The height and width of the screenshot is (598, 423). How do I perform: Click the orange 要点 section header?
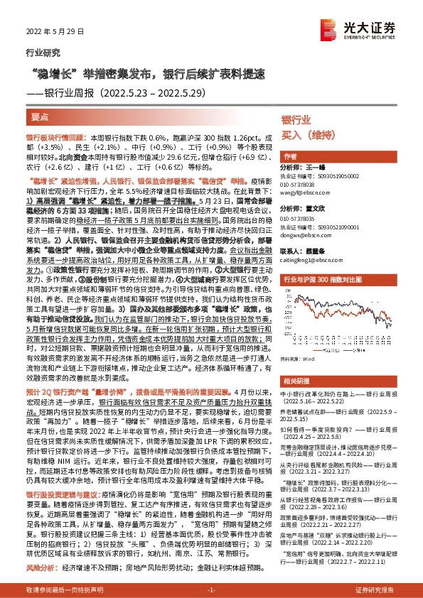click(x=41, y=116)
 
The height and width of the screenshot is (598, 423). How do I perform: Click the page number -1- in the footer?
click(x=210, y=589)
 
